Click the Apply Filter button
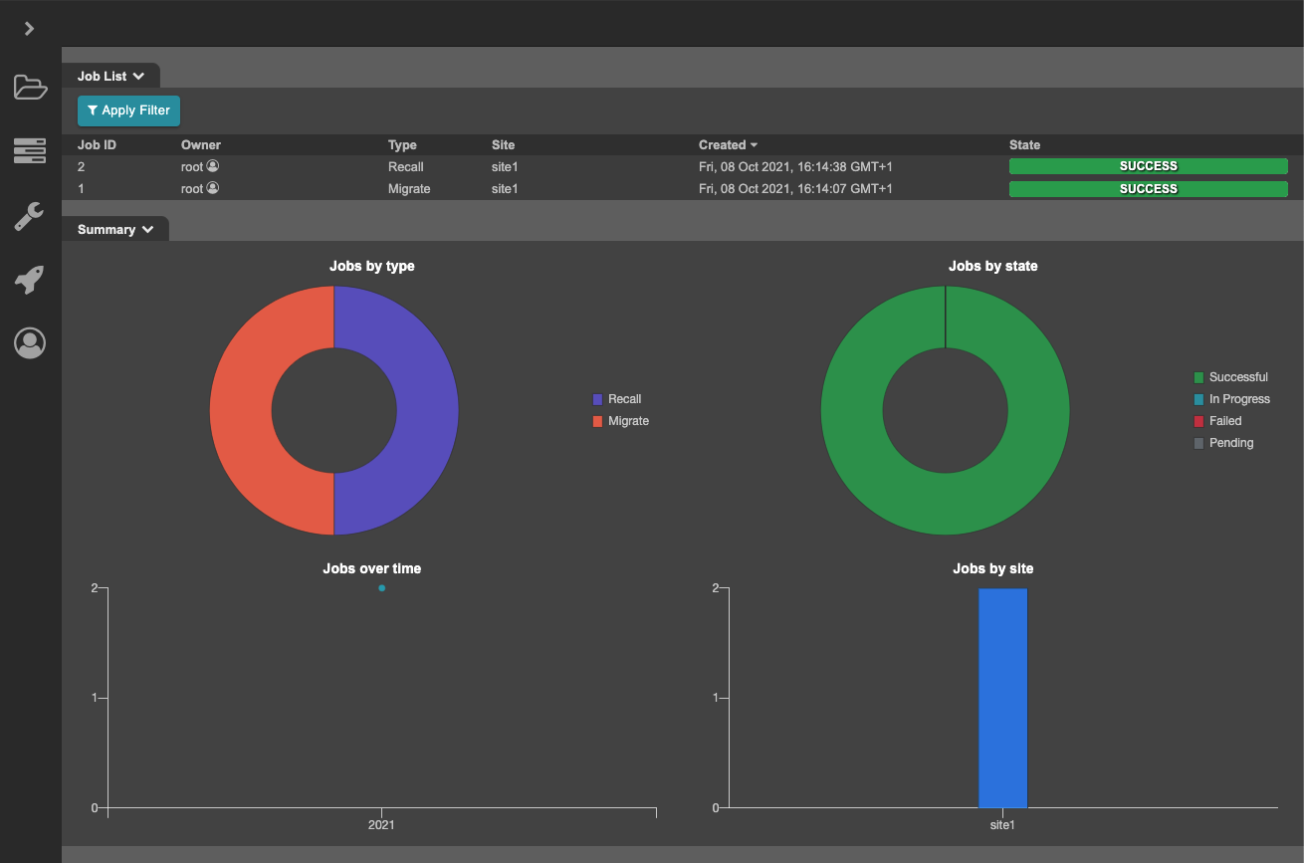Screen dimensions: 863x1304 [128, 110]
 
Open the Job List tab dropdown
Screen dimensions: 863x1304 [110, 76]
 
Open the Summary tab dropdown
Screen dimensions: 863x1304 [115, 229]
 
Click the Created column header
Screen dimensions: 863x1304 [728, 145]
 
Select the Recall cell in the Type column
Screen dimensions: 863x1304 [405, 167]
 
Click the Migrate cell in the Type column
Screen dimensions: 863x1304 [409, 189]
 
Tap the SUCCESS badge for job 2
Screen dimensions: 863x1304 [1148, 166]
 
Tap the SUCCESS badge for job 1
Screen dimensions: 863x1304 [1148, 189]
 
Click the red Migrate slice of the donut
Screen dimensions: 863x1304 [241, 410]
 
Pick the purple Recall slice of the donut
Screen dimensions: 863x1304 [427, 410]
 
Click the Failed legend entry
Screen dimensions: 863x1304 [1224, 421]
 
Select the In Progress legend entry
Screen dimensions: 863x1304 [1238, 399]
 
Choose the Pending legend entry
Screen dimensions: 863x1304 [1230, 443]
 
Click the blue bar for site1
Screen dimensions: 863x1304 [1002, 697]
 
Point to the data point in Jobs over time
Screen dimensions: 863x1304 [381, 588]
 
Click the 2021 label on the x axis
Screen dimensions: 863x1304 [381, 825]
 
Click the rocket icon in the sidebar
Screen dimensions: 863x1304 [30, 280]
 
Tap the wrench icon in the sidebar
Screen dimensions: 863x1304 [30, 216]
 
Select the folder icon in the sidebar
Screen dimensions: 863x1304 [30, 88]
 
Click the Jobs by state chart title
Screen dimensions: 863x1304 [992, 266]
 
